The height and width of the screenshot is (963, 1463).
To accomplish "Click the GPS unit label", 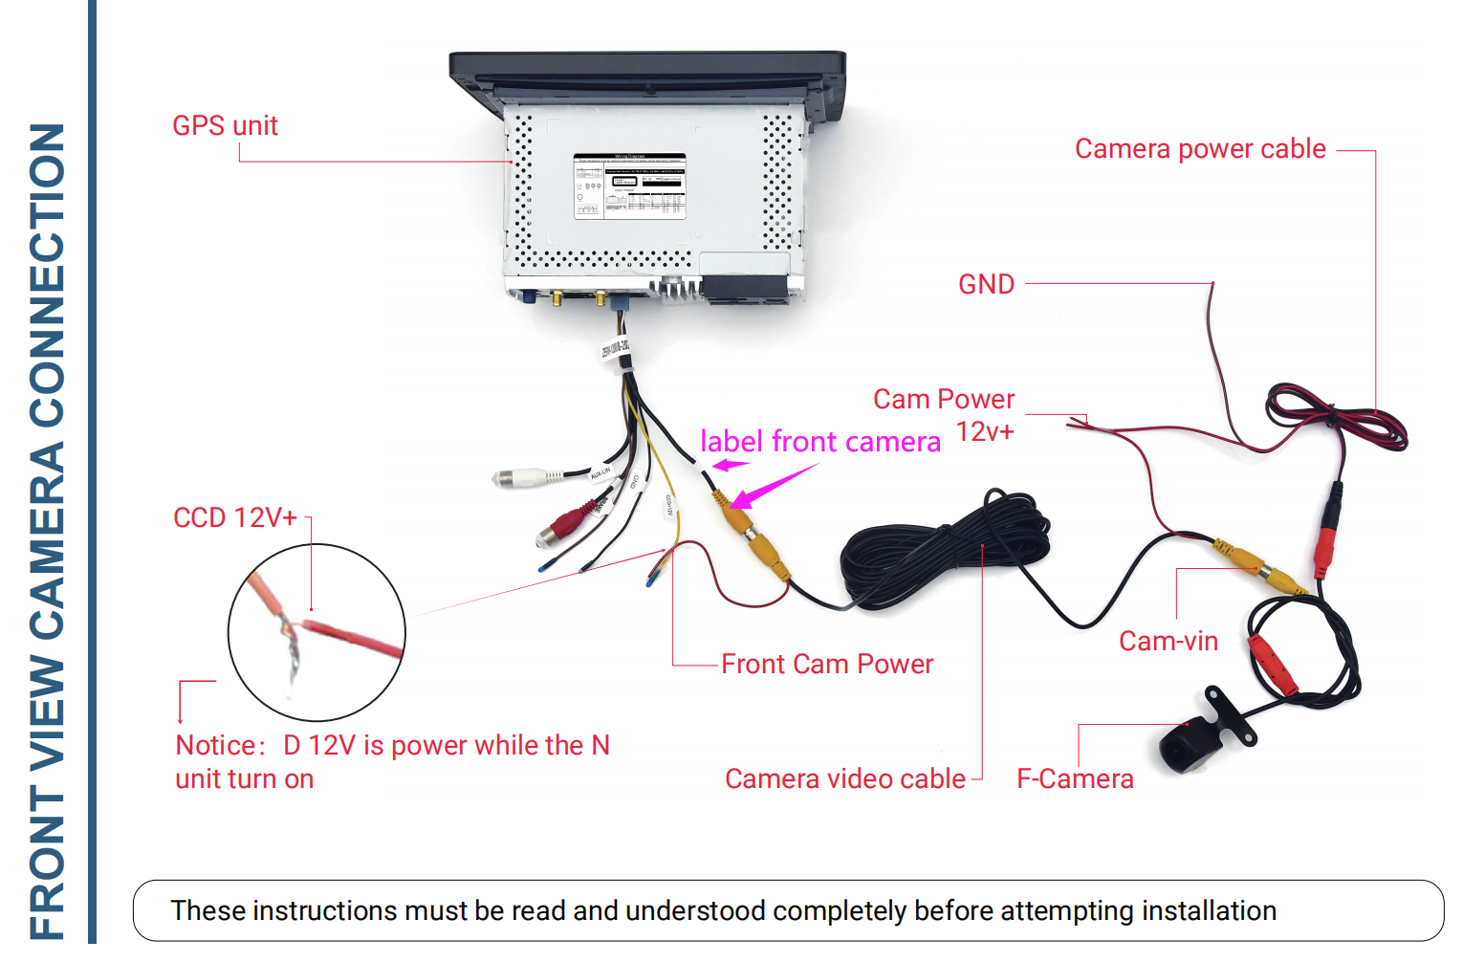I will coord(225,126).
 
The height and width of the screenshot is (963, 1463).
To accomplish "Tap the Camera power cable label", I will coord(1200,149).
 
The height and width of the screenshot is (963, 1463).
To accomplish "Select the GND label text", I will coord(986,285).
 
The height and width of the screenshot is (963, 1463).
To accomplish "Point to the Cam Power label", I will coord(944,400).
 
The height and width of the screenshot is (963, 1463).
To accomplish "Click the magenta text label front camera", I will coord(820,442).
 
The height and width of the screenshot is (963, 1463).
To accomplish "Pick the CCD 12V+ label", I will coord(235,518).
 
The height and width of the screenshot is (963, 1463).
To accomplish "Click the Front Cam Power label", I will coord(827,665).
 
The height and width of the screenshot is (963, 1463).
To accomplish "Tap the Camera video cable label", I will coord(845,779).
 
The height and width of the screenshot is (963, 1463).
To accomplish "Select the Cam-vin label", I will coord(1168,642).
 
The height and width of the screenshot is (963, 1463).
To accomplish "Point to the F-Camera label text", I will coord(1075,779).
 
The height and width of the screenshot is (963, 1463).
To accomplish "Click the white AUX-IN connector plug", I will coord(521,477).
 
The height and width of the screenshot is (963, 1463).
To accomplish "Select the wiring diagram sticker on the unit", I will coord(629,186).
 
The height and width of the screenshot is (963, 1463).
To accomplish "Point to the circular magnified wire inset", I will coord(317,632).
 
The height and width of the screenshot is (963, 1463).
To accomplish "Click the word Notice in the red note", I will coord(216,746).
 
